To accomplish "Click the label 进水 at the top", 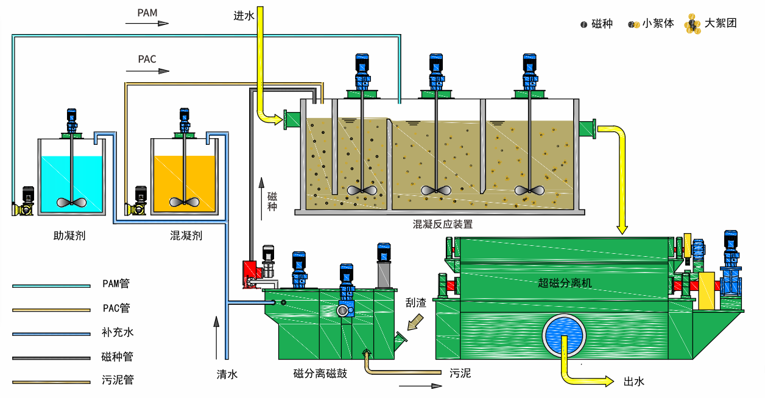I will [244, 16].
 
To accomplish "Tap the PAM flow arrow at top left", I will [147, 24].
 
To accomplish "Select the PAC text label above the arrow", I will [147, 59].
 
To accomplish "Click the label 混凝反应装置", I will [443, 224].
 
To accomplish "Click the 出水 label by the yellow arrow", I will [634, 382].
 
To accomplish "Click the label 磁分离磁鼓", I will [320, 373].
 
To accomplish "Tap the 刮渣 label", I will [416, 302].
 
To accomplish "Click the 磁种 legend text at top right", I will [602, 24].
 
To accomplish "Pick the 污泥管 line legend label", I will [118, 380].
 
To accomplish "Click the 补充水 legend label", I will [118, 332].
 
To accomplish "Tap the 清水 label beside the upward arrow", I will [227, 374].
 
